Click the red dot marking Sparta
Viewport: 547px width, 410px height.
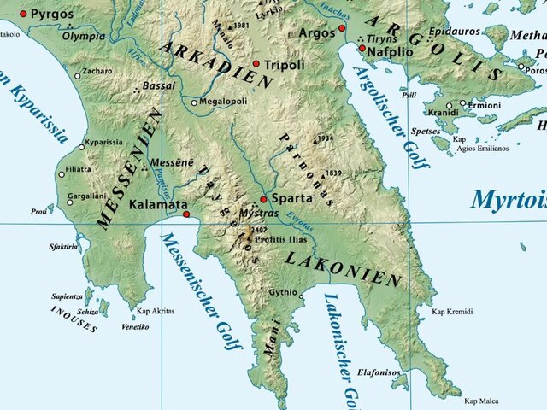pos(263,198)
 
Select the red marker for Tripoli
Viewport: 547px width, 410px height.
pos(256,64)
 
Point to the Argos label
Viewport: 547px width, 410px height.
pos(317,32)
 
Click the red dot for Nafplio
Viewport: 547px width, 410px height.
pos(362,49)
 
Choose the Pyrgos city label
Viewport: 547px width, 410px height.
pos(52,15)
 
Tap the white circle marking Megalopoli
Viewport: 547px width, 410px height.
pos(194,102)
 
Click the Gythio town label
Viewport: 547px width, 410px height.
pos(283,292)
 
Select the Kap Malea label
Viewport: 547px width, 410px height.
pos(480,400)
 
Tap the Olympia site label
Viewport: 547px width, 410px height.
pos(84,36)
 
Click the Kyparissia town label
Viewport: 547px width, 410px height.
pos(107,142)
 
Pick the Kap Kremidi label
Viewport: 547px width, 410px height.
pos(452,313)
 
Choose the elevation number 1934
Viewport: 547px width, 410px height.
pos(325,138)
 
